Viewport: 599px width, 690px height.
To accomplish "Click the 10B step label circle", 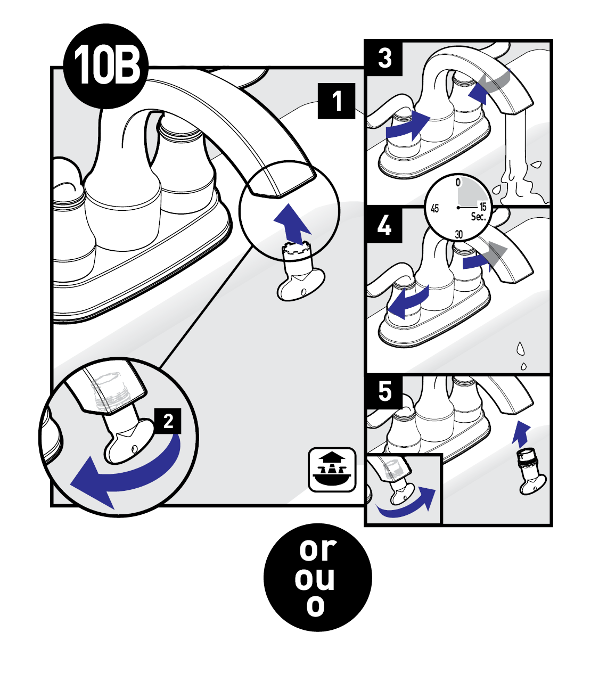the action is pyautogui.click(x=106, y=66).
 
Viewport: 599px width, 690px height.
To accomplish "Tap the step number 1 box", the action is pyautogui.click(x=337, y=101).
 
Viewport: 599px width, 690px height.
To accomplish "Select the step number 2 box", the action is pyautogui.click(x=168, y=421).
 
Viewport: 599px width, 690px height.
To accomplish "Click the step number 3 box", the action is pyautogui.click(x=384, y=59).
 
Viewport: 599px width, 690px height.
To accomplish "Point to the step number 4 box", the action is pyautogui.click(x=384, y=225).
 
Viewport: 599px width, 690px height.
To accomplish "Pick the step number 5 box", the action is pyautogui.click(x=384, y=392).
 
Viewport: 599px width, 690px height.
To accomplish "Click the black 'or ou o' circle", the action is pyautogui.click(x=318, y=577).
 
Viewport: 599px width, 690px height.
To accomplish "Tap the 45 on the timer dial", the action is pyautogui.click(x=435, y=209).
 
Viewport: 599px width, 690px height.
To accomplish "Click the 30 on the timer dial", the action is pyautogui.click(x=458, y=234).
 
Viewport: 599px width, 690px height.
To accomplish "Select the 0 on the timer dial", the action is pyautogui.click(x=458, y=182).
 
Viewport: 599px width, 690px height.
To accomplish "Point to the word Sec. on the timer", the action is pyautogui.click(x=478, y=217).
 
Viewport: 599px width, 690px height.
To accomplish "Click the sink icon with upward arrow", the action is pyautogui.click(x=332, y=470).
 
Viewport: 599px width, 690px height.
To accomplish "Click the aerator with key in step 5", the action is pyautogui.click(x=532, y=472).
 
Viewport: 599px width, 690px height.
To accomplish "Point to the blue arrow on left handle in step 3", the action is pyautogui.click(x=408, y=127).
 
